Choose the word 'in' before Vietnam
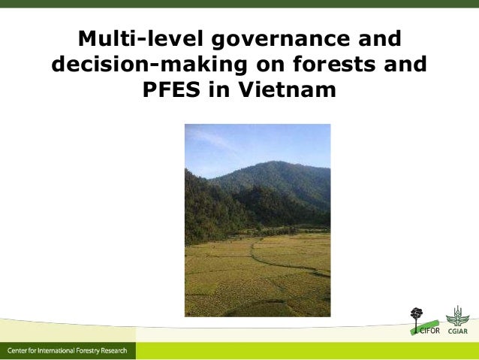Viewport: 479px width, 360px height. point(227,91)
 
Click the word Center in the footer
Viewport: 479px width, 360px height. point(20,352)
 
